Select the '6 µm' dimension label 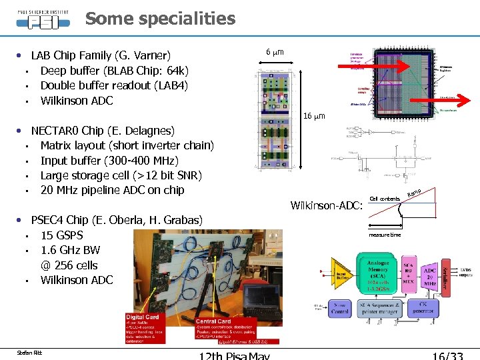(x=275, y=52)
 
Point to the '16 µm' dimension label (x=314, y=117)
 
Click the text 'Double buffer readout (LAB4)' (x=114, y=85)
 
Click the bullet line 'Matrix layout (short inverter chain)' (x=127, y=145)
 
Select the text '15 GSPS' (x=63, y=235)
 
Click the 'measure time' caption (x=385, y=235)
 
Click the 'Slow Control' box (x=339, y=309)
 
